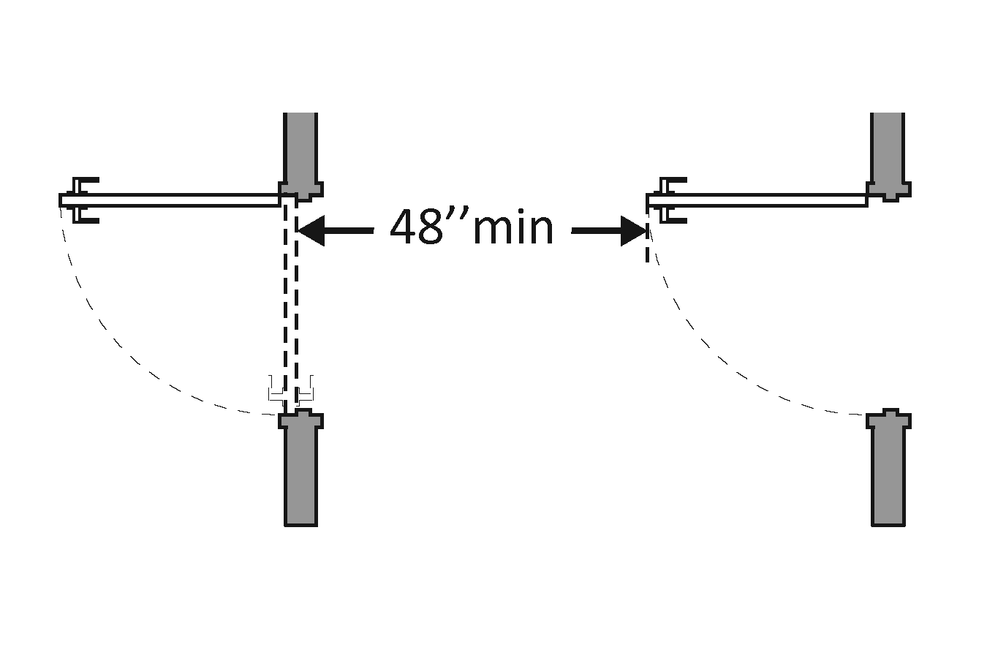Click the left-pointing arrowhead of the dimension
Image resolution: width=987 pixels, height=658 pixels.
pyautogui.click(x=311, y=231)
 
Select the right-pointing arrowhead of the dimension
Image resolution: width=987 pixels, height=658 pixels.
pyautogui.click(x=633, y=231)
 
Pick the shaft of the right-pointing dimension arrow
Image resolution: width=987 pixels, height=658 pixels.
pyautogui.click(x=596, y=231)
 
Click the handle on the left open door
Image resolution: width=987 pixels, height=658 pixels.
pyautogui.click(x=85, y=200)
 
